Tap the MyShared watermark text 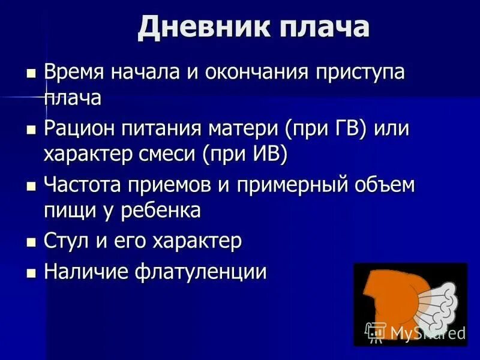pos(427,333)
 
